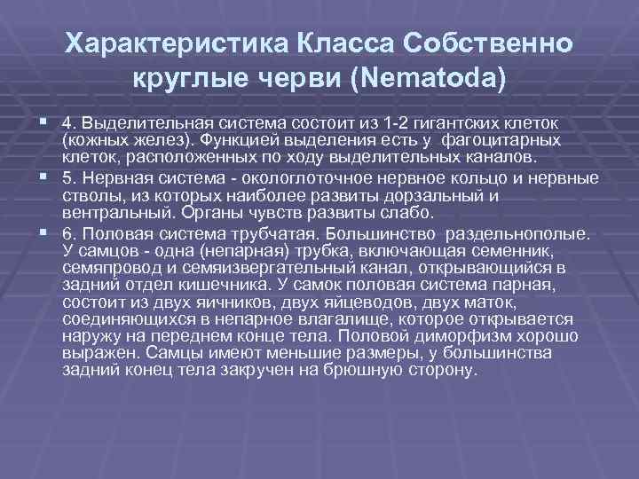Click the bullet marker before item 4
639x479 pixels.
click(x=44, y=122)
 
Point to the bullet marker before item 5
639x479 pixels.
click(x=44, y=177)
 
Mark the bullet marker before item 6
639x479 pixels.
click(x=44, y=233)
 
